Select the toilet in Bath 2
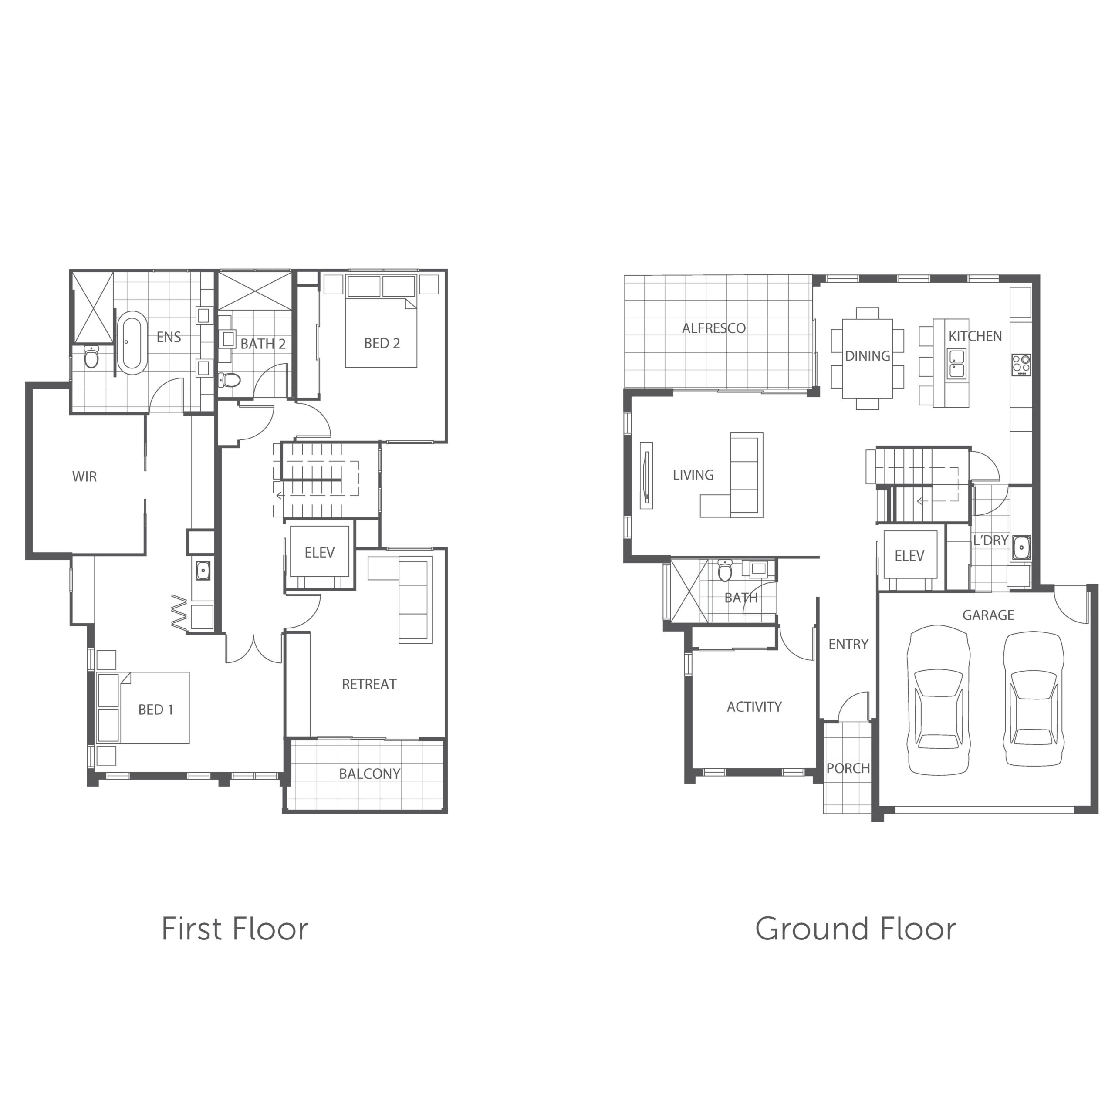pos(230,380)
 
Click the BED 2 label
pos(382,343)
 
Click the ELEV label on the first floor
pos(319,552)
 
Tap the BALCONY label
pos(369,774)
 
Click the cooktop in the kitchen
pos(1020,364)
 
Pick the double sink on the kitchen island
pos(956,363)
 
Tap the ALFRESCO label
pos(713,328)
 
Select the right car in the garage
pos(1033,699)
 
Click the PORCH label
pos(848,768)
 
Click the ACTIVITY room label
pos(754,706)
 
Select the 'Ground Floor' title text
pos(855,929)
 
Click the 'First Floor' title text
pos(235,929)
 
